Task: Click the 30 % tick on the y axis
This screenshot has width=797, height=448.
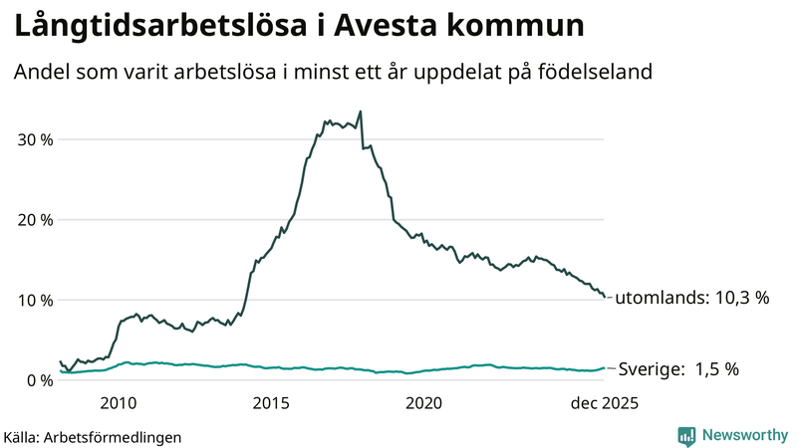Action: click(32, 138)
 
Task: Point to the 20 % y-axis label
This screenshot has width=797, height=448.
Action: click(32, 219)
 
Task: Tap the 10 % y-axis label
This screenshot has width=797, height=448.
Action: click(32, 300)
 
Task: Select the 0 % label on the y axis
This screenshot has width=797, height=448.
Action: click(37, 380)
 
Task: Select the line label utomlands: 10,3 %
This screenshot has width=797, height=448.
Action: click(692, 298)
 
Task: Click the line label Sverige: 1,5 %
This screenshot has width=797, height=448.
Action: click(679, 368)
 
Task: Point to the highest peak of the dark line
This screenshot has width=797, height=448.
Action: click(360, 112)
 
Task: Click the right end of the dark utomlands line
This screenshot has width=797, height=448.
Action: click(604, 297)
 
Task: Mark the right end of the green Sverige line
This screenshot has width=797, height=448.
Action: click(604, 368)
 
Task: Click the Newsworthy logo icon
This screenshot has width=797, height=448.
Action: click(686, 435)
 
